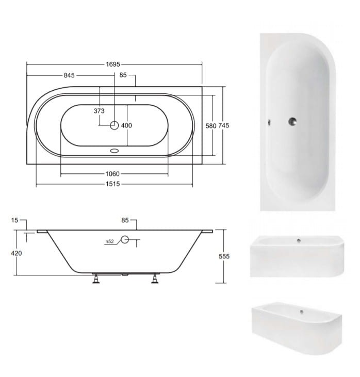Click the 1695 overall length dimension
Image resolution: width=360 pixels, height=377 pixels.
pos(113,64)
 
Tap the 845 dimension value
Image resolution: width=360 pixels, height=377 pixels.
pos(69,75)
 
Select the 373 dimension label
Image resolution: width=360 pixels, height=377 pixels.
pos(99,111)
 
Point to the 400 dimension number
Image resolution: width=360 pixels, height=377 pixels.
pos(126,125)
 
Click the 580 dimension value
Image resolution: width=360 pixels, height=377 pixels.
pos(211,126)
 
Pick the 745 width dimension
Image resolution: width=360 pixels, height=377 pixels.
pos(224,125)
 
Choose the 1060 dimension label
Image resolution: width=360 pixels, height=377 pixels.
pos(112,174)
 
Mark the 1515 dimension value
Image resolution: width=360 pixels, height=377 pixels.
pos(113,184)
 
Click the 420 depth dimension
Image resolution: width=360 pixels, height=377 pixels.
pos(17,253)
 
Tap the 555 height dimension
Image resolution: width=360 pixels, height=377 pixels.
pos(224,256)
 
